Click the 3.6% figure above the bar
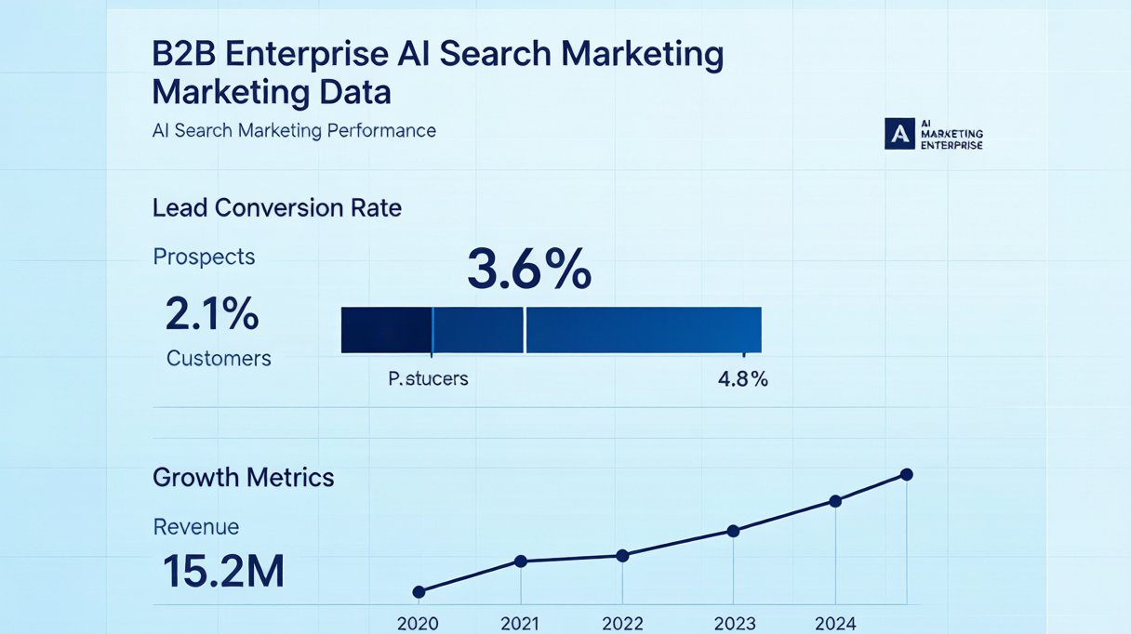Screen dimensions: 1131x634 [528, 269]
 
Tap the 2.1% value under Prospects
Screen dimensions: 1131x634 [212, 314]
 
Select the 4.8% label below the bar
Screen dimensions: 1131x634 [743, 378]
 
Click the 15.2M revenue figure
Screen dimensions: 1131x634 [223, 572]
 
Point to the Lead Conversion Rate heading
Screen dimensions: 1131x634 [276, 208]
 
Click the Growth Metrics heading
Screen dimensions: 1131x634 [243, 477]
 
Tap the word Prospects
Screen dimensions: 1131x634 [204, 257]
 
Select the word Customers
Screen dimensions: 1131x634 [219, 359]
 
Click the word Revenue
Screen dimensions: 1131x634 [196, 527]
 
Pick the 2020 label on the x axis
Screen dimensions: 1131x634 [418, 624]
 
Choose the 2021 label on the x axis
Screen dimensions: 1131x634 [520, 624]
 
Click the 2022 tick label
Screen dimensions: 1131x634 [622, 624]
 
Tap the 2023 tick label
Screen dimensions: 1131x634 [735, 624]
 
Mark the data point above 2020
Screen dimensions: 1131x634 [419, 592]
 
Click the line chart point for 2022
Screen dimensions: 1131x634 [622, 556]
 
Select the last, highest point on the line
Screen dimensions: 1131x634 [906, 474]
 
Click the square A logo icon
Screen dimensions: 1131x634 [899, 134]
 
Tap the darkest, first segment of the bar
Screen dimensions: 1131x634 [386, 330]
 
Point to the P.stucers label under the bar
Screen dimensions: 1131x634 [428, 378]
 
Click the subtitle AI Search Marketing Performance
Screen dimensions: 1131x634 [294, 131]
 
